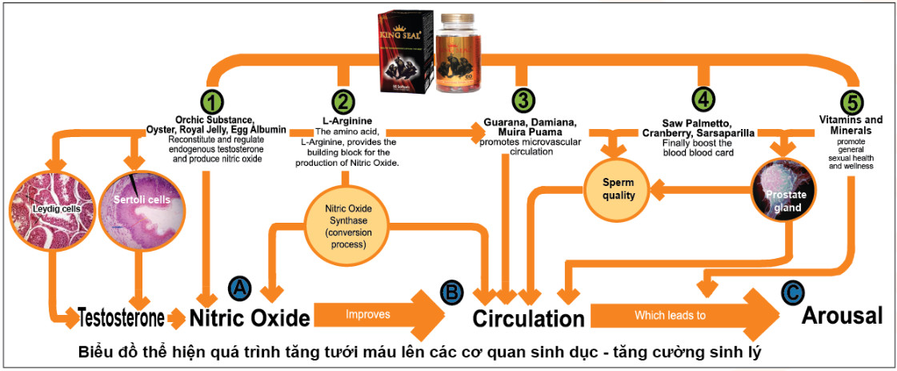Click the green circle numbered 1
[214, 102]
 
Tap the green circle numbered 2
[343, 102]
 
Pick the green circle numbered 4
[702, 101]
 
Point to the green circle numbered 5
[854, 103]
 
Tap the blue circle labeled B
[452, 292]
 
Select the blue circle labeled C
[791, 292]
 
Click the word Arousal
[843, 315]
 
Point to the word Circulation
[528, 318]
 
